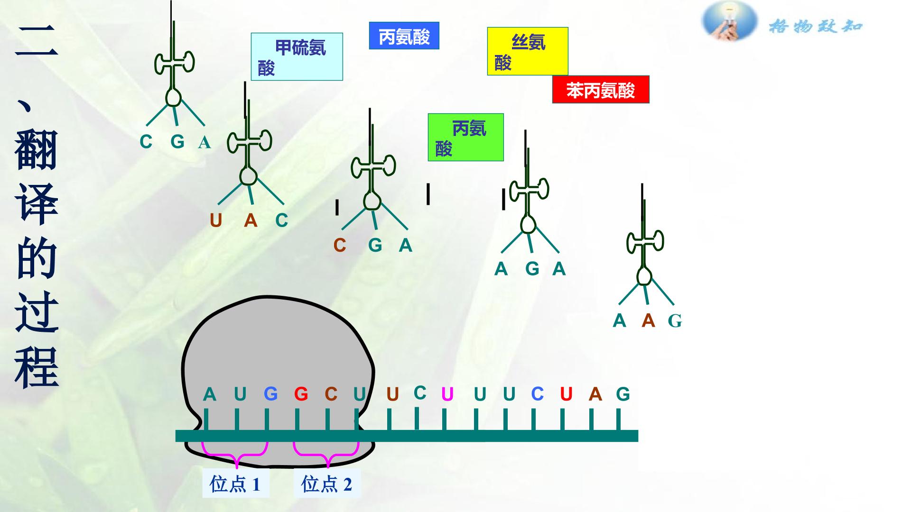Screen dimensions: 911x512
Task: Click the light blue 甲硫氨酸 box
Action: [297, 56]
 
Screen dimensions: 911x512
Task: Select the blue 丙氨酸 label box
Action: [404, 36]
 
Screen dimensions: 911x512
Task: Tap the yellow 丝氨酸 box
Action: [528, 51]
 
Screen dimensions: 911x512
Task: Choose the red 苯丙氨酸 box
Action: [601, 90]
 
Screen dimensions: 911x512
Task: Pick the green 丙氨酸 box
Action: [465, 137]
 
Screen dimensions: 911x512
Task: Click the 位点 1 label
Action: [236, 484]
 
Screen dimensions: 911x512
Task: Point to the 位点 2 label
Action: [327, 484]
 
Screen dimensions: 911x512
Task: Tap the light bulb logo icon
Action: [729, 21]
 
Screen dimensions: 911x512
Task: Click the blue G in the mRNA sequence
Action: [270, 394]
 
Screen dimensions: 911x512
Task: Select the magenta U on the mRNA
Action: [447, 394]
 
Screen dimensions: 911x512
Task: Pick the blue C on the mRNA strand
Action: [537, 394]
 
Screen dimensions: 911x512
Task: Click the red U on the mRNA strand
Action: [566, 394]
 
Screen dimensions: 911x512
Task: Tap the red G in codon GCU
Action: [301, 394]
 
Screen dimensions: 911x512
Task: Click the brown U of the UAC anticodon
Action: [216, 220]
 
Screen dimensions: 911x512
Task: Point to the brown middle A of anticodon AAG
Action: [648, 321]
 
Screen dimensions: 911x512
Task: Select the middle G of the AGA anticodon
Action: [532, 269]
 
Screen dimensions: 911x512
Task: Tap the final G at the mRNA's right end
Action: [623, 394]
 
